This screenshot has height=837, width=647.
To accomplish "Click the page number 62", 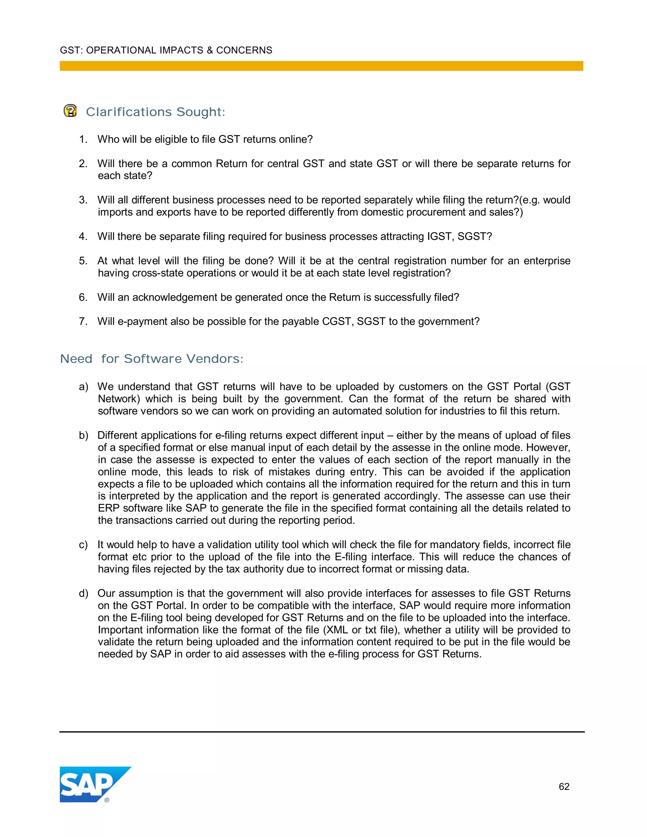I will pos(564,786).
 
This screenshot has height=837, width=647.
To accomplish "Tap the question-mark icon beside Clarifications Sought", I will pos(70,111).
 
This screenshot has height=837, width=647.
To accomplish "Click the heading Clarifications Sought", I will pos(156,112).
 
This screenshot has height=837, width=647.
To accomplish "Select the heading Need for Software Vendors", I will pos(152,359).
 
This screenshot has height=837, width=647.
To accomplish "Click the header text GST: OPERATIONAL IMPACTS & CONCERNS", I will pos(166,50).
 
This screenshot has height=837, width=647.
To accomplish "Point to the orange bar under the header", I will pos(321,66).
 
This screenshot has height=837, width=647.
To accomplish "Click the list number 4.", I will pos(83,237).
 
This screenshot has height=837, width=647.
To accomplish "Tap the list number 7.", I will pos(83,322).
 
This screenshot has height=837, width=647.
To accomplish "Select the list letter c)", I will pos(83,545).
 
